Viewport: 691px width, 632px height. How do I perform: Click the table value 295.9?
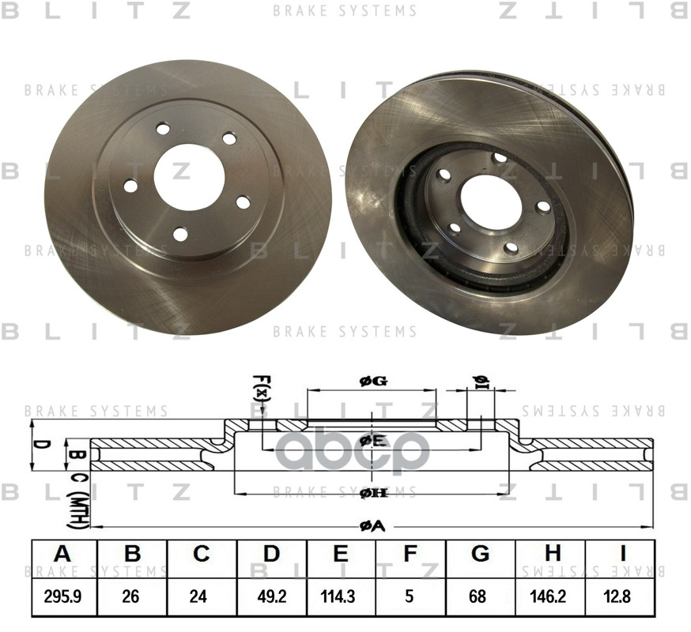62,596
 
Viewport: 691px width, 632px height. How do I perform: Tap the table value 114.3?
341,596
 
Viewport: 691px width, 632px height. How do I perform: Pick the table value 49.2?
271,596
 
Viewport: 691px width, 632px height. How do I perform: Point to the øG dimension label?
372,382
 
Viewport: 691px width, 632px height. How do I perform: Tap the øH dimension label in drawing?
372,493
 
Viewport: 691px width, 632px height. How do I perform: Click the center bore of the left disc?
188,177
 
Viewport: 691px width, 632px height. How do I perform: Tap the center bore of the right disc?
491,198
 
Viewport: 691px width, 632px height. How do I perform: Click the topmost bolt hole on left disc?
163,128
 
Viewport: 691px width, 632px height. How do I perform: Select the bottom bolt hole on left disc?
180,234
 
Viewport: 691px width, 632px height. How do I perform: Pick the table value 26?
132,596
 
